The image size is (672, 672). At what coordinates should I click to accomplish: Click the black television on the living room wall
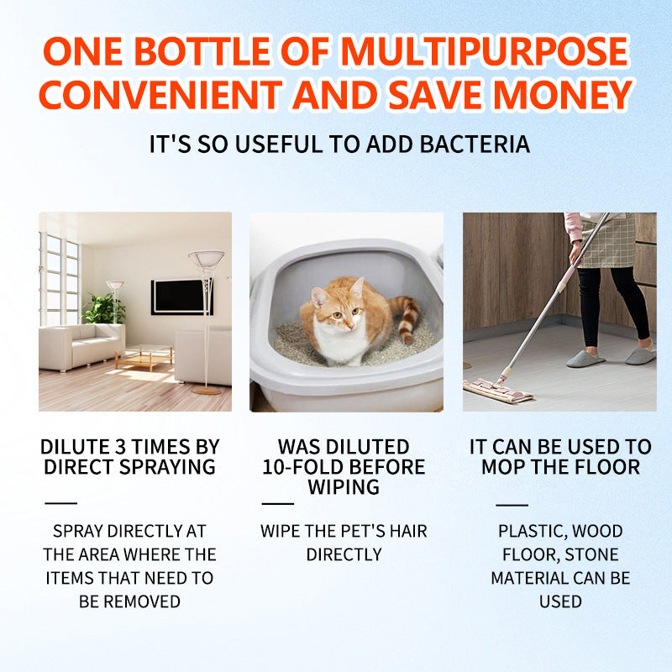coord(181,297)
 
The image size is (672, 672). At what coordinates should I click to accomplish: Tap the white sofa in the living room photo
coord(80,344)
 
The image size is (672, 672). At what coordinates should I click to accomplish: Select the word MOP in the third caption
coord(501,467)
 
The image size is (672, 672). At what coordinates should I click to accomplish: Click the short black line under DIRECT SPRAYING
coord(60,503)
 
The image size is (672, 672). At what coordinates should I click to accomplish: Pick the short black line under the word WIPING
coord(278,504)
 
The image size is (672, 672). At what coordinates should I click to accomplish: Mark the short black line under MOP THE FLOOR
coord(511,505)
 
